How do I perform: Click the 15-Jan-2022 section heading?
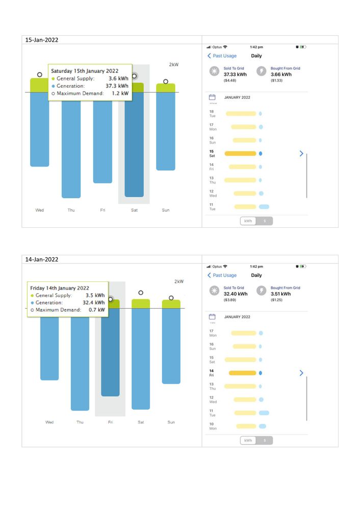point(42,40)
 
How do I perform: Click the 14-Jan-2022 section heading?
point(42,259)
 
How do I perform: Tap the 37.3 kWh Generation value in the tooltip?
point(117,86)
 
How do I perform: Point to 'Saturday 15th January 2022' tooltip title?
point(85,71)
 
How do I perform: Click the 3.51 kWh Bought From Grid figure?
point(281,293)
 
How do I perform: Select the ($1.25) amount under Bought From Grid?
point(277,300)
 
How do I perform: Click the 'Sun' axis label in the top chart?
point(166,210)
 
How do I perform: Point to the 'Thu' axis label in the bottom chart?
point(80,422)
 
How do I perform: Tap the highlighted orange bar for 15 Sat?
point(240,153)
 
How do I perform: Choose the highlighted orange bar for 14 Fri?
point(242,373)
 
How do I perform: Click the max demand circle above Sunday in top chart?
point(166,82)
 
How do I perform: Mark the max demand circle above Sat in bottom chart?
point(141,293)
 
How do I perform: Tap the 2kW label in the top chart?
point(174,65)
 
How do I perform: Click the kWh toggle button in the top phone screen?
point(248,221)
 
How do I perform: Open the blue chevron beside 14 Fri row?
point(301,373)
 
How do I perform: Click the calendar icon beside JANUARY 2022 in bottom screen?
point(213,316)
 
